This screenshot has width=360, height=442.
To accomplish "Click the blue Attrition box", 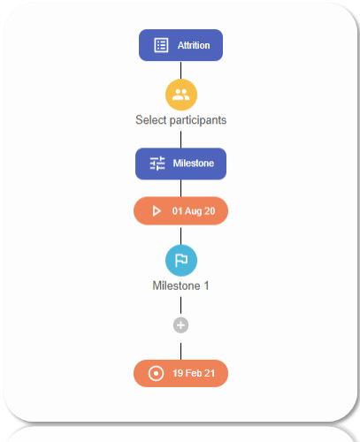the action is pyautogui.click(x=180, y=45).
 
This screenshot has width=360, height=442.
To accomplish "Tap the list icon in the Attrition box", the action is pyautogui.click(x=161, y=45).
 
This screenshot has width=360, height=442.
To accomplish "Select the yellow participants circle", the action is pyautogui.click(x=181, y=95).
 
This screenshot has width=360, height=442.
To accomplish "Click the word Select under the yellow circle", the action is pyautogui.click(x=151, y=120).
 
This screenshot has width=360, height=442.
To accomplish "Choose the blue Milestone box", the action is pyautogui.click(x=180, y=164).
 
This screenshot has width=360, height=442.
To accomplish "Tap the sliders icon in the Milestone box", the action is pyautogui.click(x=157, y=164).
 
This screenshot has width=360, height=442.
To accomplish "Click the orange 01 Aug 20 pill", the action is pyautogui.click(x=180, y=211).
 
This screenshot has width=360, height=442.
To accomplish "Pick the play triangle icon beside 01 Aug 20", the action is pyautogui.click(x=157, y=211).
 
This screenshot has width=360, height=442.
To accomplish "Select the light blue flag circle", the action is pyautogui.click(x=181, y=261).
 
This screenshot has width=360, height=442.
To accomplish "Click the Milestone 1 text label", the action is pyautogui.click(x=180, y=286).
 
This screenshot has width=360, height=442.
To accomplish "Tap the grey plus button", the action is pyautogui.click(x=180, y=325).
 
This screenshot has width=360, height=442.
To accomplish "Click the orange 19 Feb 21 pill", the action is pyautogui.click(x=180, y=373).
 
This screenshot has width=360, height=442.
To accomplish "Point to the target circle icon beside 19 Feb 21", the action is pyautogui.click(x=156, y=374).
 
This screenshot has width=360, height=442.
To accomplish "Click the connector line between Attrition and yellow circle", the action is pyautogui.click(x=180, y=70).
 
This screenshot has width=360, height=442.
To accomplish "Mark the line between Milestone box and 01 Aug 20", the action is pyautogui.click(x=180, y=188).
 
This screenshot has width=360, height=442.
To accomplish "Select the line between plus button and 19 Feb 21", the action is pyautogui.click(x=180, y=351).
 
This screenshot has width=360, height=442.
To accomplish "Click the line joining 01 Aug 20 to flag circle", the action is pyautogui.click(x=180, y=236).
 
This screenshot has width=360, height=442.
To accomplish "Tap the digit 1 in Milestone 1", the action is pyautogui.click(x=206, y=286).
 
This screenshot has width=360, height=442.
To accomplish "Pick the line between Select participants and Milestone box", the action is pyautogui.click(x=180, y=140).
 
